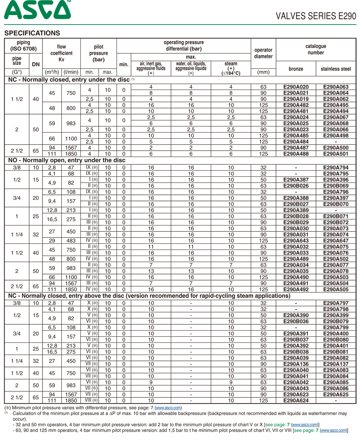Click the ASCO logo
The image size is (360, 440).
click(x=37, y=10)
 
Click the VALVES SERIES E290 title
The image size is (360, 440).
click(x=316, y=16)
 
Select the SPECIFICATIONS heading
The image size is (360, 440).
click(x=32, y=33)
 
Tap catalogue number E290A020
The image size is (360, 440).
click(x=296, y=87)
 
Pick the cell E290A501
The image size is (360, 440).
click(x=336, y=154)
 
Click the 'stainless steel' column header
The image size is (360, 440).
click(x=336, y=69)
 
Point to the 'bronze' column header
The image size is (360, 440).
click(x=296, y=69)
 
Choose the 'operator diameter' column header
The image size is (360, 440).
click(x=263, y=53)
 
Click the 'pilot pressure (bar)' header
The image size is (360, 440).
click(x=98, y=53)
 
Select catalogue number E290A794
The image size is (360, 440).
click(x=336, y=167)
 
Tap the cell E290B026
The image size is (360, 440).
click(x=296, y=186)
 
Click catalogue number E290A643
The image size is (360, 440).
click(x=296, y=241)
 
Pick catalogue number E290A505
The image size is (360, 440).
click(x=336, y=289)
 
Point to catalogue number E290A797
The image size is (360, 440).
click(x=336, y=303)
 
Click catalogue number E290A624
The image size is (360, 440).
click(x=296, y=400)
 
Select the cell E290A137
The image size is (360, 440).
click(x=336, y=364)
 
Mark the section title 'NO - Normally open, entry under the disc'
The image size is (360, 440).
click(x=67, y=160)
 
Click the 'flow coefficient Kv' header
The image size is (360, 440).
click(x=61, y=53)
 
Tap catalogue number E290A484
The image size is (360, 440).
click(x=296, y=142)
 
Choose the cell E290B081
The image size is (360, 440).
click(x=336, y=352)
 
